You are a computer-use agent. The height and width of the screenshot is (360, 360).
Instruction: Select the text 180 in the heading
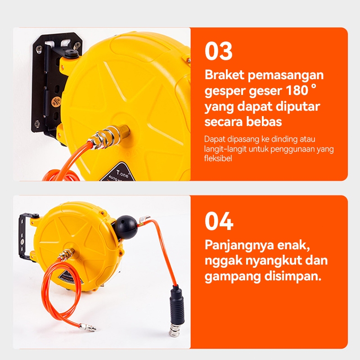[x=297, y=91]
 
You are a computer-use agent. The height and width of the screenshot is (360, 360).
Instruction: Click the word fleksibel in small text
[x=218, y=159]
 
